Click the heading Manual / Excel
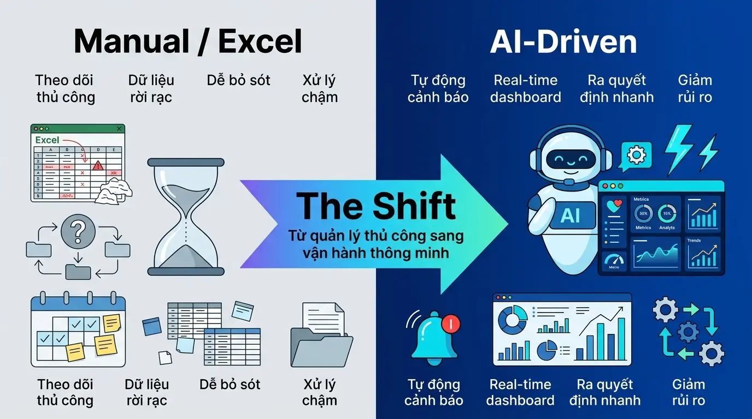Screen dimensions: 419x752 click(188, 41)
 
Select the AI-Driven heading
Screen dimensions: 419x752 click(563, 41)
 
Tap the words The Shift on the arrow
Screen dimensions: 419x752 click(376, 206)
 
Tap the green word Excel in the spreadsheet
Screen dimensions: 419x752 click(47, 140)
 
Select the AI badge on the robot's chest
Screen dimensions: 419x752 click(570, 216)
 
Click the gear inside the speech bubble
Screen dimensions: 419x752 click(636, 155)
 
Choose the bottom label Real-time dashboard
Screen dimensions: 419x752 click(520, 392)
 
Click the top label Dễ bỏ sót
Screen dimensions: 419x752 click(239, 80)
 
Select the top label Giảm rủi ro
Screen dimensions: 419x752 click(695, 88)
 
